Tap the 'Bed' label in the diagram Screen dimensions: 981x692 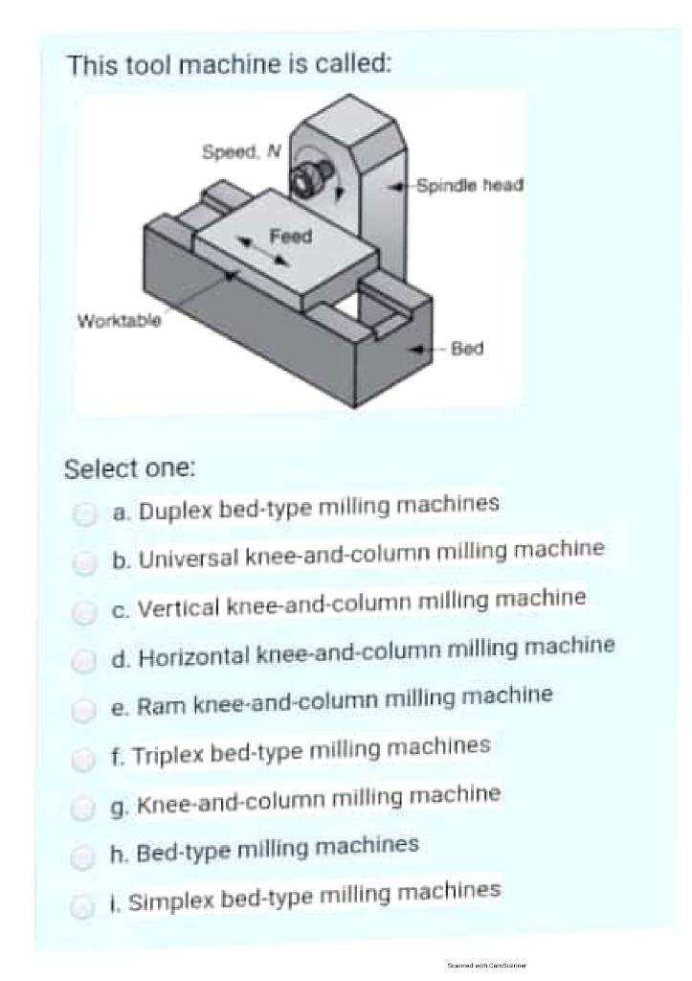[467, 348]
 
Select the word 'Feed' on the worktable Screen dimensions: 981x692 [290, 236]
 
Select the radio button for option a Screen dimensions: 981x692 [85, 514]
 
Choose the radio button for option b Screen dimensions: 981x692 [85, 563]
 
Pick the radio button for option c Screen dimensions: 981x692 [85, 611]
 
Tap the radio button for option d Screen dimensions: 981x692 [85, 660]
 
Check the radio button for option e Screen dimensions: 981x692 [85, 710]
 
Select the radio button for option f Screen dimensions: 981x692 [85, 759]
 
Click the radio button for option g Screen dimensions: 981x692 [85, 808]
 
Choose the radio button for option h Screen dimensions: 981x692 [85, 856]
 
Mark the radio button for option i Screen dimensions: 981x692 [85, 904]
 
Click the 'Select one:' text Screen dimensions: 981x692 [129, 469]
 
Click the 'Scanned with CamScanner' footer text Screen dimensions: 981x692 [486, 965]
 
